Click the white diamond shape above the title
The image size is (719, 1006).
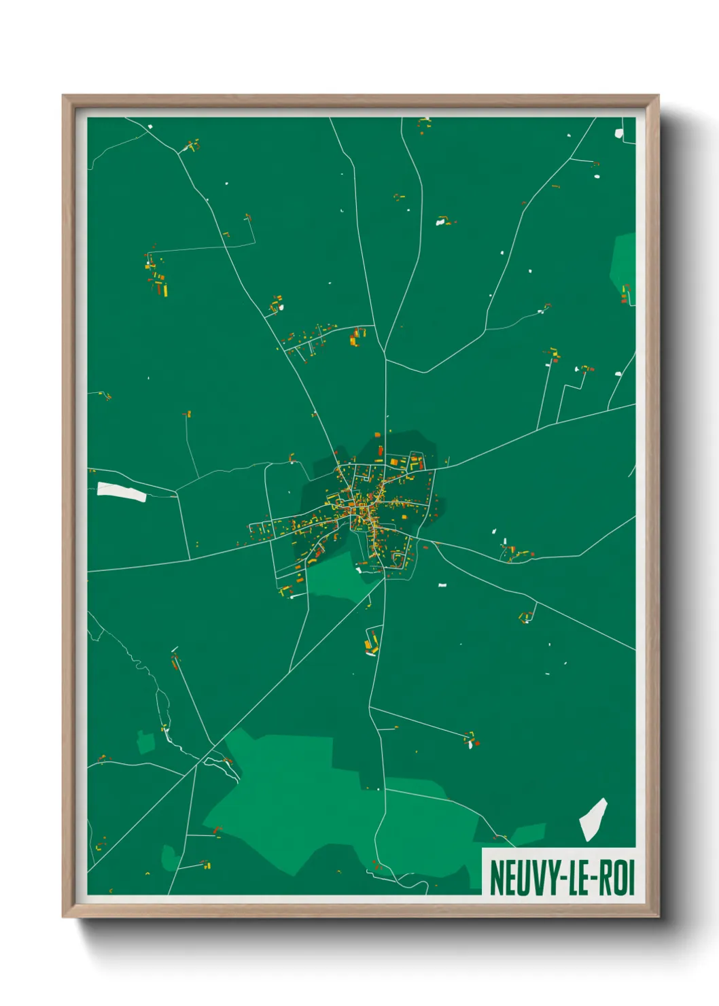[x=593, y=818]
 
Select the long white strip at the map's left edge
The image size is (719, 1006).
[x=122, y=491]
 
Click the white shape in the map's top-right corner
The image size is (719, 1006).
[x=618, y=133]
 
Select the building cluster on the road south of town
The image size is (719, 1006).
[x=372, y=642]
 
